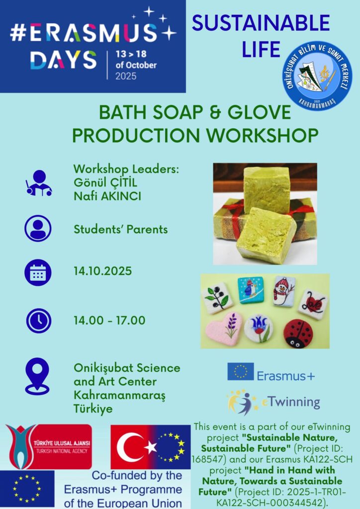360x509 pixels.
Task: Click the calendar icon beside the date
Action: click(38, 272)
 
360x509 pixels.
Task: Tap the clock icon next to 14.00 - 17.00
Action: click(39, 321)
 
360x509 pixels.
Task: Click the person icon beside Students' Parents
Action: click(38, 229)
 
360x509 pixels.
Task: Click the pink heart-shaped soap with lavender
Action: click(224, 329)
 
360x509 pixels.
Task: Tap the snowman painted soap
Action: click(283, 291)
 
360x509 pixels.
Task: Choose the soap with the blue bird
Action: click(251, 290)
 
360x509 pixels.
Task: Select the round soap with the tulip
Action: click(259, 329)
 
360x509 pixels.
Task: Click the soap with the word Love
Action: click(313, 305)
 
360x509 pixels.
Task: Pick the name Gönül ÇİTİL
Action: click(105, 182)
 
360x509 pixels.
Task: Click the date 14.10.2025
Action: click(102, 271)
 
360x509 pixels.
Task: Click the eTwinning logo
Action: click(273, 403)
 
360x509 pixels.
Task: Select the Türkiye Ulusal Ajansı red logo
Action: click(49, 447)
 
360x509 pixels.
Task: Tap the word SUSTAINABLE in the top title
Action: click(261, 23)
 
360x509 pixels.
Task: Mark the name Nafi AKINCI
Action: click(107, 196)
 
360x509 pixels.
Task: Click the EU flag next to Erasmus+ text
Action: click(241, 372)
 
